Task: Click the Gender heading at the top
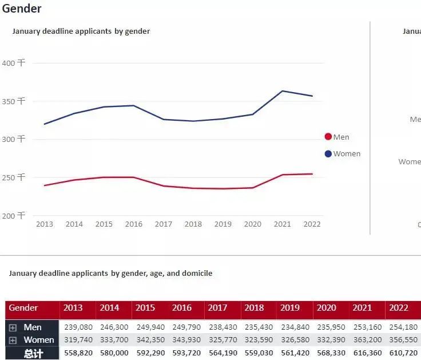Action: (22, 9)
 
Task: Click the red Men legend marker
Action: (328, 137)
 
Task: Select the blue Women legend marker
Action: (328, 154)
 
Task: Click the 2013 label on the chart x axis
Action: (45, 224)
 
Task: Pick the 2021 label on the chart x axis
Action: (283, 224)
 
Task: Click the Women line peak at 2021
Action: (283, 91)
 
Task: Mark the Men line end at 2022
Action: (312, 174)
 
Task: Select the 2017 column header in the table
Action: (217, 308)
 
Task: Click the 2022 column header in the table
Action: (399, 308)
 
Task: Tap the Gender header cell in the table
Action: (23, 308)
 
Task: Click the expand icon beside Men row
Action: (13, 327)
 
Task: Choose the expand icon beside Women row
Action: (13, 340)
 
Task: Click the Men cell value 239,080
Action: (77, 327)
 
